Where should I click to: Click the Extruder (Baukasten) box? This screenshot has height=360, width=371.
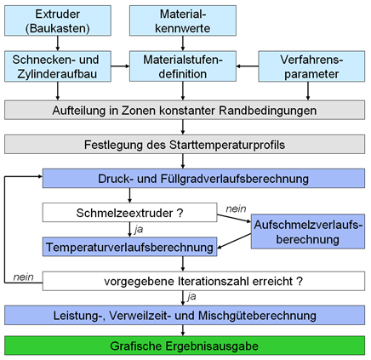pos(58,20)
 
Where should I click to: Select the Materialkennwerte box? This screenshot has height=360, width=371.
pos(183,20)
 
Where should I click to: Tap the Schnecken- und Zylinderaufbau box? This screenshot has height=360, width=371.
pos(58,66)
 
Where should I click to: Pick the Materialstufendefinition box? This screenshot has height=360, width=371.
pos(183,66)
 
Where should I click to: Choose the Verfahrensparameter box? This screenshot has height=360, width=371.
pos(311,66)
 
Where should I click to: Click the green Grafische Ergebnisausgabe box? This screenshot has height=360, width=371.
pos(185,346)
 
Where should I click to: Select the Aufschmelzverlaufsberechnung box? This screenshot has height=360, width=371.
pos(308,231)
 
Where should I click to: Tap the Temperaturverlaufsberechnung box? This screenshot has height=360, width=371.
pos(129,247)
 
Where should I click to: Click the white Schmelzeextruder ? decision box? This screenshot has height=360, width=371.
pos(129,212)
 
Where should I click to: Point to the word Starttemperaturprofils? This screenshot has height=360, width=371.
pos(227,145)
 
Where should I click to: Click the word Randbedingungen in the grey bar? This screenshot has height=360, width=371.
pos(268,111)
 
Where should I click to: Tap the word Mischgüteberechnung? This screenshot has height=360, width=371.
pos(257,316)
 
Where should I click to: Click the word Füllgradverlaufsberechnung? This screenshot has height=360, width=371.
pos(235,179)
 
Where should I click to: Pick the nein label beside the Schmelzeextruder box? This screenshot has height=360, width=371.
pos(236,209)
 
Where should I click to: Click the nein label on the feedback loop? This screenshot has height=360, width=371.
pos(23,277)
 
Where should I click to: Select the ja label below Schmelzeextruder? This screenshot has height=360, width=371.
pos(139,229)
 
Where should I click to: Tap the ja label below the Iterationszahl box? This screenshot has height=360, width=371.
pos(191,296)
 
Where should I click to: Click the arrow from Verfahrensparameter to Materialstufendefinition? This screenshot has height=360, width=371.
pos(248,66)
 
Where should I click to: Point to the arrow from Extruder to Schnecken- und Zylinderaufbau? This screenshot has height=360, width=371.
pos(58,43)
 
